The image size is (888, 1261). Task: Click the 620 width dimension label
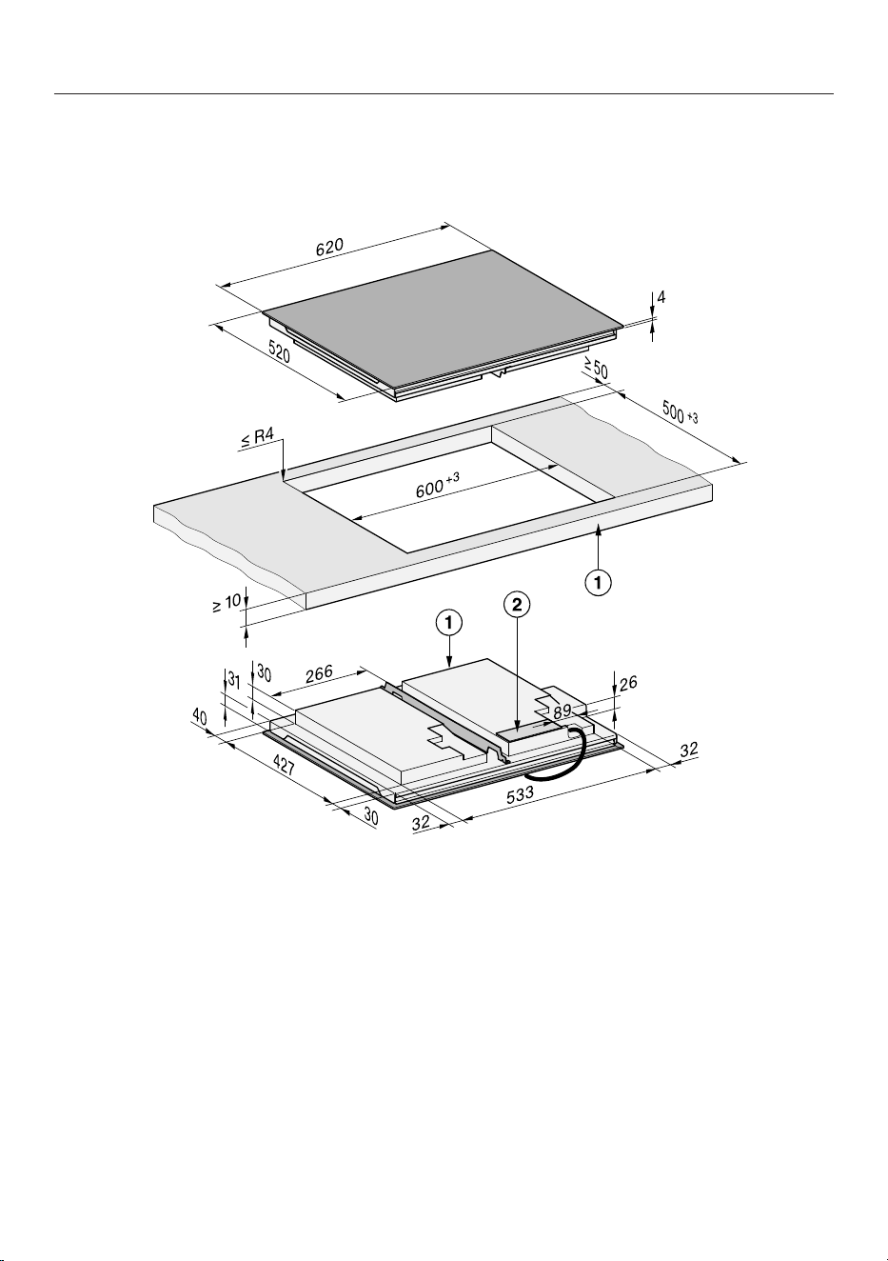point(329,247)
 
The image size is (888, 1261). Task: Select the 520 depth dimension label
point(279,352)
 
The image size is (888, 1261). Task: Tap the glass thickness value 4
point(661,297)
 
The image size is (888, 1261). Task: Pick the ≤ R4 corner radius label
point(257,438)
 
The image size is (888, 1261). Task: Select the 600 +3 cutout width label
point(437,486)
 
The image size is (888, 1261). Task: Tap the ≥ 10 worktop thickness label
point(227,604)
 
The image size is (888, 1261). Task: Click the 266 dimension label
point(319,674)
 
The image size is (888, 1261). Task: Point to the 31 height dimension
point(234,682)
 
